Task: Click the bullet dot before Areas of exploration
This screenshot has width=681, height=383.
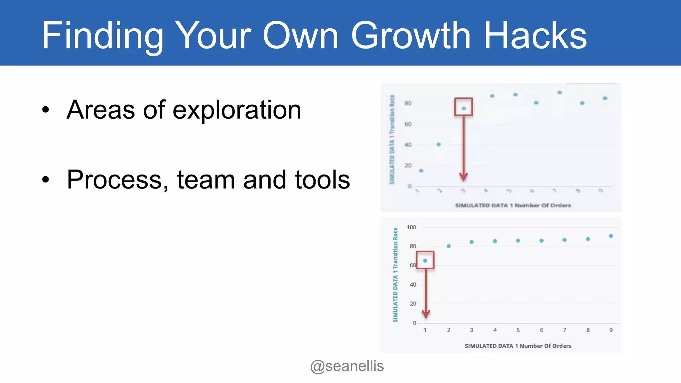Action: coord(46,110)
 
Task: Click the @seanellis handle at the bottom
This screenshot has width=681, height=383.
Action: coord(347,366)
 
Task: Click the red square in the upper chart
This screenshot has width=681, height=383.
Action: coord(464,107)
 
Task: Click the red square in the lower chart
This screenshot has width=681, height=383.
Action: coord(425,260)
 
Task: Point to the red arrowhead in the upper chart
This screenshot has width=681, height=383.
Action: coord(464,177)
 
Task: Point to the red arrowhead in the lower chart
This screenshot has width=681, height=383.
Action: coord(426,314)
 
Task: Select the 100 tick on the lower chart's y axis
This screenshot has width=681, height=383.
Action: coord(411,227)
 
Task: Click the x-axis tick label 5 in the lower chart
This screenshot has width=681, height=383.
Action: coord(518,330)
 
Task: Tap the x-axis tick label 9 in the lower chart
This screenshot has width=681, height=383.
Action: coord(611,330)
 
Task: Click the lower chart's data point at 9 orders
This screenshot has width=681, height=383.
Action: coord(611,236)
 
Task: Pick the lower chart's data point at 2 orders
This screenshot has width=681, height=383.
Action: coord(449,246)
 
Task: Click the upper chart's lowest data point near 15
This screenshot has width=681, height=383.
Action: coord(421,171)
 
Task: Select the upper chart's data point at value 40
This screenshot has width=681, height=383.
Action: coord(439,144)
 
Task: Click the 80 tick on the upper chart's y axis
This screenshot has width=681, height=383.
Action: coord(408,103)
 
